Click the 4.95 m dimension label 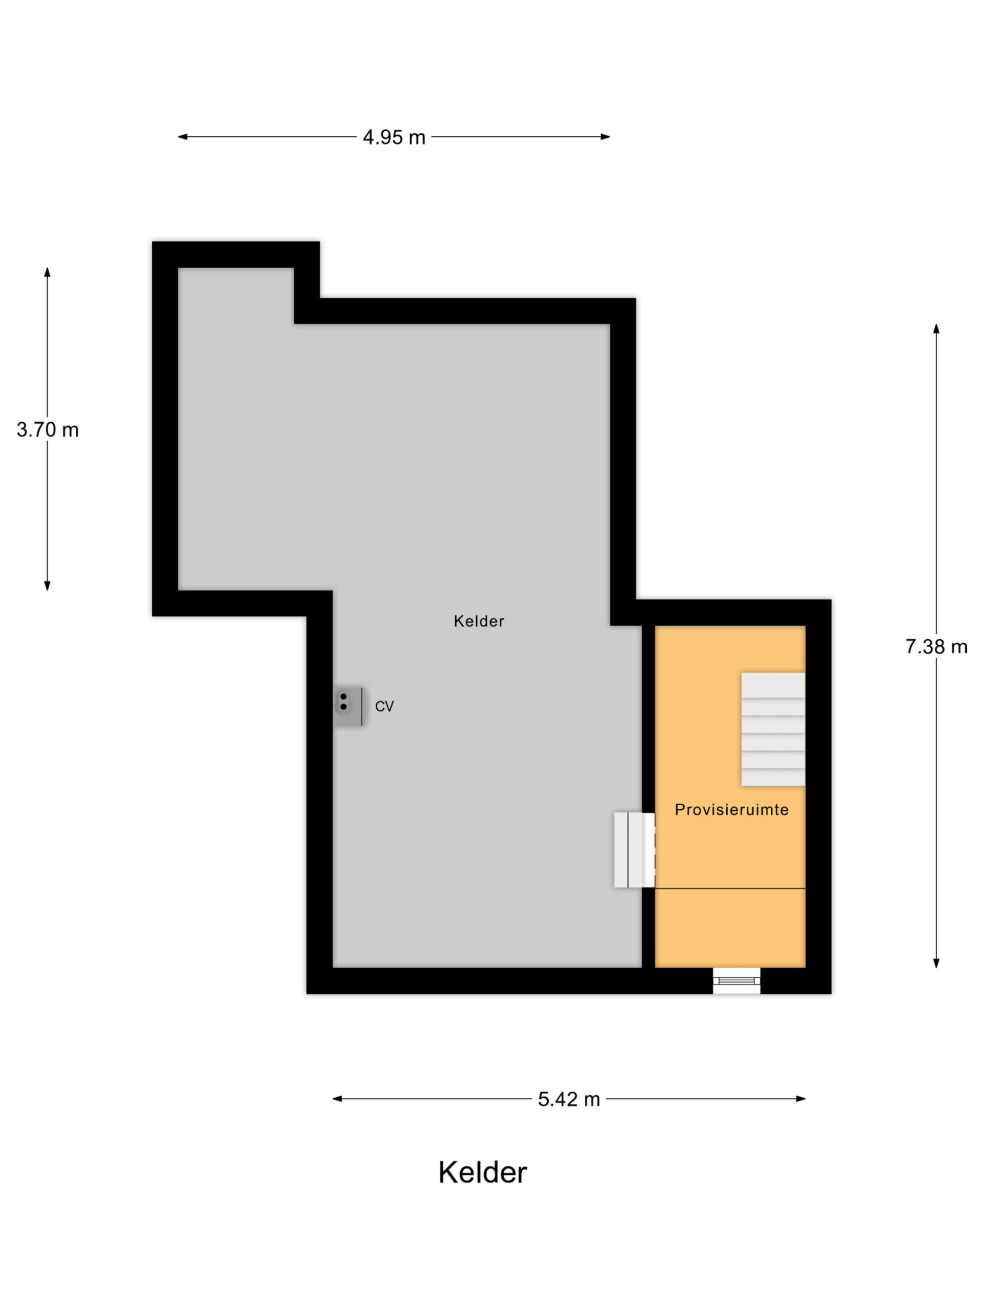point(394,137)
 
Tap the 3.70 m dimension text point(48,429)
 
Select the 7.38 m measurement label point(936,646)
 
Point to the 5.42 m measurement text point(569,1099)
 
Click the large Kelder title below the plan point(482,1173)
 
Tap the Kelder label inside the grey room point(479,621)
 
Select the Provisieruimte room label point(731,810)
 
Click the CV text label point(384,706)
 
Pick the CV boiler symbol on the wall point(349,706)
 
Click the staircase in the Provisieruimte point(773,729)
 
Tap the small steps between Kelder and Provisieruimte point(634,850)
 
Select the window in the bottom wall point(736,980)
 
